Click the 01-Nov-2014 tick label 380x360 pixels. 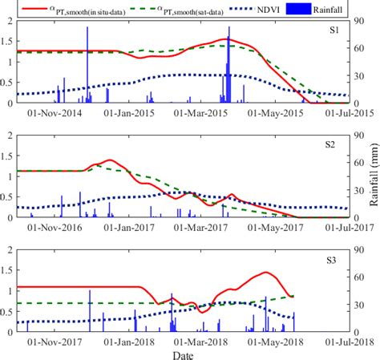pyautogui.click(x=54, y=113)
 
